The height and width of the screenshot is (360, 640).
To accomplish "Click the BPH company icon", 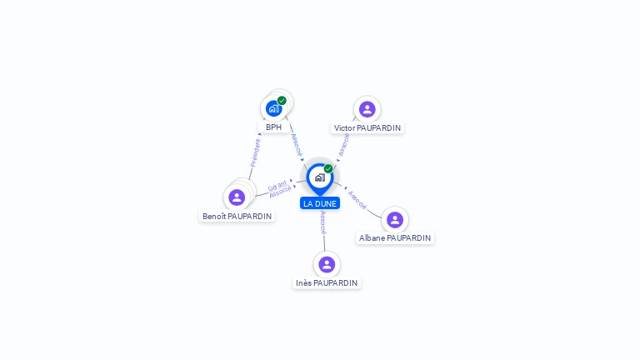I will (273, 108).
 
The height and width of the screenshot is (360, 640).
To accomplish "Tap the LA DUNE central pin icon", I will (319, 177).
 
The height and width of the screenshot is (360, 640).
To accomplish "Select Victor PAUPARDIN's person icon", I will (367, 109).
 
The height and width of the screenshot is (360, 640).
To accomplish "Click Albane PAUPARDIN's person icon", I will (395, 220).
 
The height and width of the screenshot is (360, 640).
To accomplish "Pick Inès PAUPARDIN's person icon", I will (327, 264).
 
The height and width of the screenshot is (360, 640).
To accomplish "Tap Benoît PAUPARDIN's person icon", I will (237, 197).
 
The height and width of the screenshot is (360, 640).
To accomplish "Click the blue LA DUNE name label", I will (320, 203).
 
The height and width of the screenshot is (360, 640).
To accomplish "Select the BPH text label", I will (273, 127).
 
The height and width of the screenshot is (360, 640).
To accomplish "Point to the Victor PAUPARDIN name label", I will (367, 128).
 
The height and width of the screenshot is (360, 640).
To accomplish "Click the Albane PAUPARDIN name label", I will (395, 237).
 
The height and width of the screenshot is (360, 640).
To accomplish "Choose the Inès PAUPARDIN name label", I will (327, 282).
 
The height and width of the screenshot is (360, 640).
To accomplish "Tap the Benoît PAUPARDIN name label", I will (237, 216).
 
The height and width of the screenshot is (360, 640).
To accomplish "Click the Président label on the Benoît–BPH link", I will (256, 153).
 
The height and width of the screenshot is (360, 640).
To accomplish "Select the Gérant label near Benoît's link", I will (277, 185).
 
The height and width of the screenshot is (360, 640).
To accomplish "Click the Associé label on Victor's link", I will (344, 144).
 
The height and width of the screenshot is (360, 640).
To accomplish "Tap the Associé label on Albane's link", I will (357, 198).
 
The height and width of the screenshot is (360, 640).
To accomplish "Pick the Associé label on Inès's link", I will (323, 222).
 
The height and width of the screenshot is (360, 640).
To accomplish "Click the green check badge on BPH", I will (282, 101).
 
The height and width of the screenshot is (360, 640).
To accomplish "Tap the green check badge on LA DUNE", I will (328, 168).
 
